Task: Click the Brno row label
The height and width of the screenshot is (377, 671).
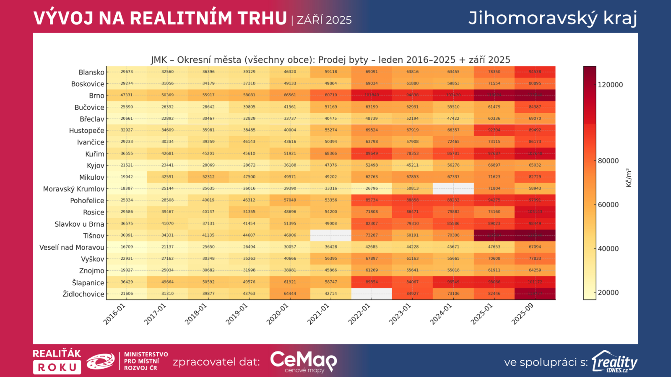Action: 96,96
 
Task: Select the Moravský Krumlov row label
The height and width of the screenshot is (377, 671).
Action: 73,189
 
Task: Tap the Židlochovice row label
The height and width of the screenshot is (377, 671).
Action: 83,294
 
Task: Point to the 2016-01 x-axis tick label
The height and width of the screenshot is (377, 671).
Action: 114,314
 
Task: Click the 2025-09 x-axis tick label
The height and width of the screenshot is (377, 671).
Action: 523,314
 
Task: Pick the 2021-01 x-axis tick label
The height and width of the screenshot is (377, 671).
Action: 318,314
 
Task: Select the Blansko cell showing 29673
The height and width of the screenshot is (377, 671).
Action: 127,72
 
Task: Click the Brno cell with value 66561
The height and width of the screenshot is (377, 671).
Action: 290,95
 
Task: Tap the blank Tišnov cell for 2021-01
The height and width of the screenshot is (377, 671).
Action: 330,235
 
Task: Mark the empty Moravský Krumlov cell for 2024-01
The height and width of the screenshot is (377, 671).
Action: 453,188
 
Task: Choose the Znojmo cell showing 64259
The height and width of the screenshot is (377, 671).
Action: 535,270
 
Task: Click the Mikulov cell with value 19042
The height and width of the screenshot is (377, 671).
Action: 127,177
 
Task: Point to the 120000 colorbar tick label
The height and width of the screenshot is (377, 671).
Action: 610,85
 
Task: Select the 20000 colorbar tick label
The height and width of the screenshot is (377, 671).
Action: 608,292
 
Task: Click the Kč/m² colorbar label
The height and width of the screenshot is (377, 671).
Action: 629,178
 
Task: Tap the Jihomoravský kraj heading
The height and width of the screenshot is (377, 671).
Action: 552,18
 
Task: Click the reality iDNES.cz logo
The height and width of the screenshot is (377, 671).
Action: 614,362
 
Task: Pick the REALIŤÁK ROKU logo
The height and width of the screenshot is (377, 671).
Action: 57,362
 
